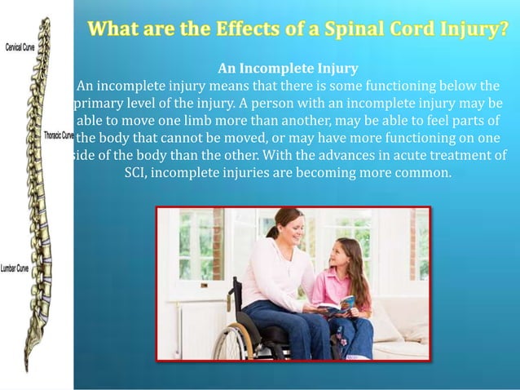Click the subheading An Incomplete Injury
(288, 67)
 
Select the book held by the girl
(340, 306)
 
